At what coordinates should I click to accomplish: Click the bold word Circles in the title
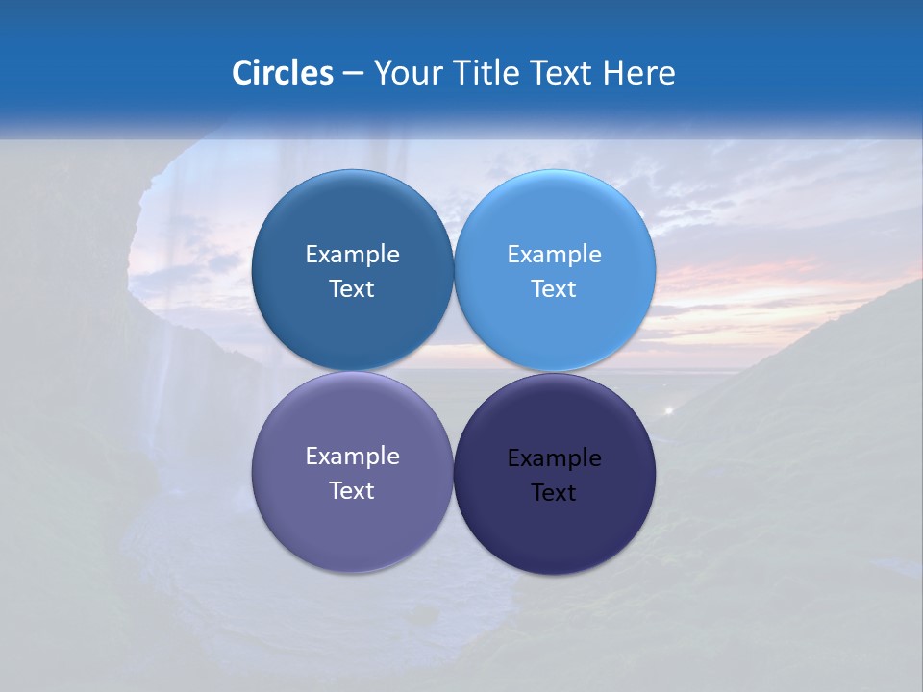[x=283, y=73]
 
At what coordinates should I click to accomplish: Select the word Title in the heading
[x=487, y=73]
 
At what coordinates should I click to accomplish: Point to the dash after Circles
[x=353, y=74]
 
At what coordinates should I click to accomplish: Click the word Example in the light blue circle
[x=555, y=255]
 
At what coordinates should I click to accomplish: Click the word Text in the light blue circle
[x=554, y=289]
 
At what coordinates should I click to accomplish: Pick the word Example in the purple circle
[x=352, y=457]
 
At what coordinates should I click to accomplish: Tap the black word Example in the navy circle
[x=555, y=458]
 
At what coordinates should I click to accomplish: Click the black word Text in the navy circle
[x=554, y=493]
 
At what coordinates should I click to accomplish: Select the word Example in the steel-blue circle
[x=352, y=255]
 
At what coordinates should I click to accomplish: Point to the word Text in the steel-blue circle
[x=352, y=289]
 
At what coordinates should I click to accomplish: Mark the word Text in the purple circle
[x=352, y=491]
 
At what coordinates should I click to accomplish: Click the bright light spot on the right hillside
[x=669, y=410]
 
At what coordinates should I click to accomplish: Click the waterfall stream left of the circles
[x=170, y=375]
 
